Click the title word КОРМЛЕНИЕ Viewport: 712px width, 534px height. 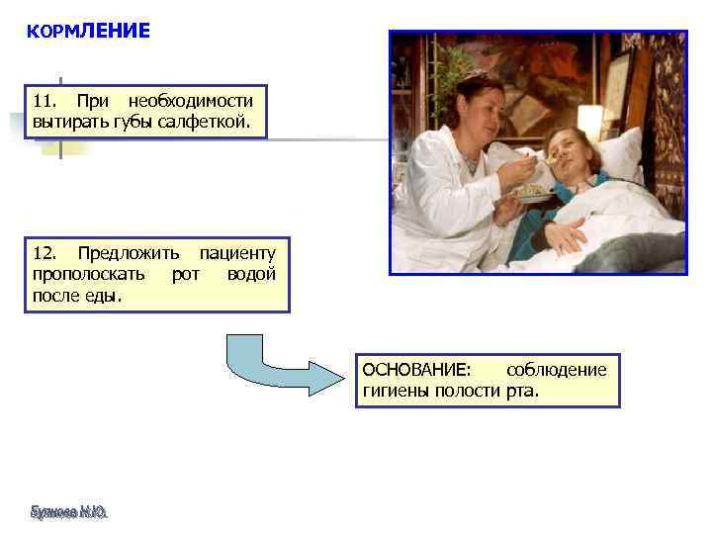coord(89,32)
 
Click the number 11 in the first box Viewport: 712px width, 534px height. coord(44,102)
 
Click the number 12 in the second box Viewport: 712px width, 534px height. coord(44,254)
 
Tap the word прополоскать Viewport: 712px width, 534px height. coord(89,274)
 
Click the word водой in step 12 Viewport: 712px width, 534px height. coord(251,274)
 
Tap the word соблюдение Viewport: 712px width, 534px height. coord(556,370)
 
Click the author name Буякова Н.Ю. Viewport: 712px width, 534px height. coord(67,512)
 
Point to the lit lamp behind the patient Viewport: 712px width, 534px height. coord(590,120)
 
